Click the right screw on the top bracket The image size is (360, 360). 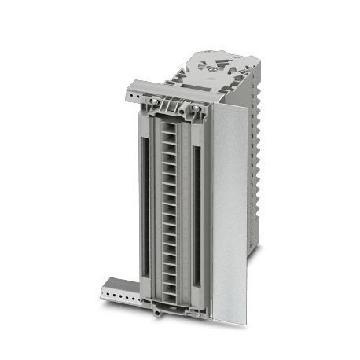coord(192,107)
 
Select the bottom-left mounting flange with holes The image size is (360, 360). coord(118,292)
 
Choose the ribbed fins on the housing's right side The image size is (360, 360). coord(255,157)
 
